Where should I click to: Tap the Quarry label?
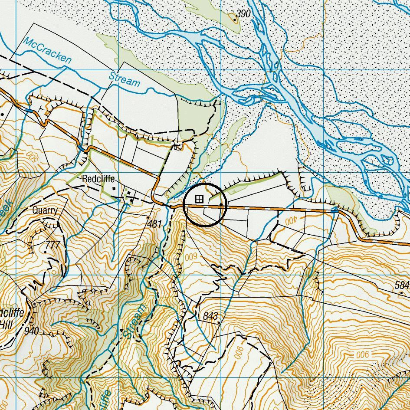[x=45, y=210]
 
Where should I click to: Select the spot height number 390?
[x=244, y=14]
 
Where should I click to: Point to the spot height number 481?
[x=154, y=224]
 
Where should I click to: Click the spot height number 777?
[x=52, y=245]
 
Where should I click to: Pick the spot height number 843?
[x=210, y=316]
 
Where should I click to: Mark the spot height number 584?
[x=402, y=285]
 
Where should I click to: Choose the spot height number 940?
[x=32, y=331]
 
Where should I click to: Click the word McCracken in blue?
[x=47, y=50]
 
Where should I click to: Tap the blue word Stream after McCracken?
[x=125, y=79]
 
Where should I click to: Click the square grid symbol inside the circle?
[x=199, y=199]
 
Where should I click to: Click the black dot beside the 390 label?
[x=235, y=19]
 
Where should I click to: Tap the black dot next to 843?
[x=219, y=323]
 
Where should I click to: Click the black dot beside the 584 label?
[x=401, y=293]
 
